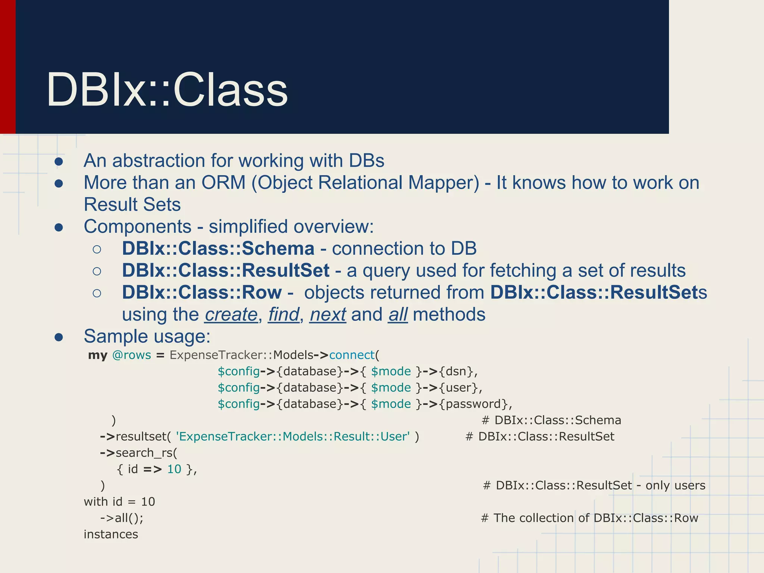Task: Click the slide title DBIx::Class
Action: pyautogui.click(x=167, y=90)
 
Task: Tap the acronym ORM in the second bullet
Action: pyautogui.click(x=223, y=183)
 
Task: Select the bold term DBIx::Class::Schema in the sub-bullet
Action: pyautogui.click(x=218, y=249)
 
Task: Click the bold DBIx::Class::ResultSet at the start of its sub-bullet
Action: pyautogui.click(x=226, y=271)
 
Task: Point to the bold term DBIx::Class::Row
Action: pyautogui.click(x=201, y=292)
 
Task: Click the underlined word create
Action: pyautogui.click(x=231, y=314)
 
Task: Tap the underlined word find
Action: pyautogui.click(x=284, y=314)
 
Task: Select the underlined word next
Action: pyautogui.click(x=328, y=314)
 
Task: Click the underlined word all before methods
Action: pyautogui.click(x=398, y=314)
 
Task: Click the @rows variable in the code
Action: pyautogui.click(x=131, y=355)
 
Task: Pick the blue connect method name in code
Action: pyautogui.click(x=351, y=355)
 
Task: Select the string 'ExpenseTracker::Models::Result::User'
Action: pyautogui.click(x=292, y=436)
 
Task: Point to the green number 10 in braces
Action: pyautogui.click(x=174, y=469)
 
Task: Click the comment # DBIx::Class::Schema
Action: pyautogui.click(x=551, y=420)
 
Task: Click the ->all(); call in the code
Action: pyautogui.click(x=122, y=518)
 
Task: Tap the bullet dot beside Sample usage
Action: pyautogui.click(x=59, y=337)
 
